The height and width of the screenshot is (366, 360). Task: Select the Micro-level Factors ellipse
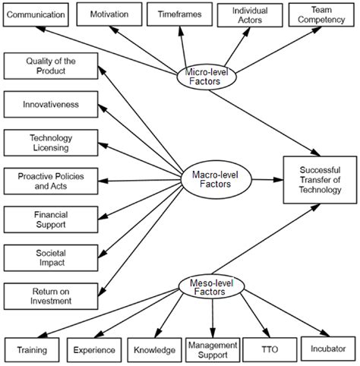point(207,76)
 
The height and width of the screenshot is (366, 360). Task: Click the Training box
point(33,349)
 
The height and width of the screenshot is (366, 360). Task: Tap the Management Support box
point(213,349)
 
